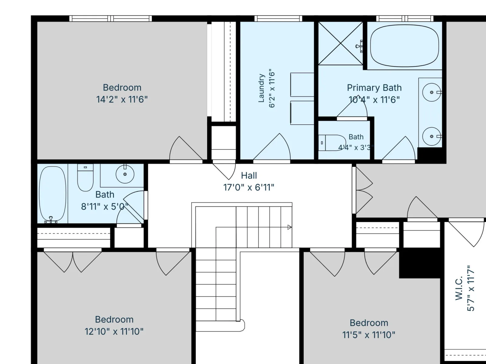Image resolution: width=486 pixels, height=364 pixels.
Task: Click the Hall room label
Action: click(249, 176)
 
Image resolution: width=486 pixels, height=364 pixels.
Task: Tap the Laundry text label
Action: click(262, 88)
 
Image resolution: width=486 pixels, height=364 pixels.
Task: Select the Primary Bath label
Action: click(374, 88)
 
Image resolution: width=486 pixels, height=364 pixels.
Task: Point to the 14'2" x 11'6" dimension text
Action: click(122, 99)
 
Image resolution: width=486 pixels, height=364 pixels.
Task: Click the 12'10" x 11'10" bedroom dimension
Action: click(114, 332)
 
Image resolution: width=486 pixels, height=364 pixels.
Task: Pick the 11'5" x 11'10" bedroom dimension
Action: click(369, 335)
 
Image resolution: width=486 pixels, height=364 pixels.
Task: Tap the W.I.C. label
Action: click(459, 288)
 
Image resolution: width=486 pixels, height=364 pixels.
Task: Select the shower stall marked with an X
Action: click(341, 43)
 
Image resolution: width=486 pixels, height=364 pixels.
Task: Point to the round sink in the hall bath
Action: click(125, 174)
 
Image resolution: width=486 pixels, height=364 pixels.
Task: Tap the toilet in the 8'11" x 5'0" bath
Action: click(85, 177)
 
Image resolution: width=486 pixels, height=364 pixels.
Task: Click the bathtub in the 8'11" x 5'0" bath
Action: click(53, 194)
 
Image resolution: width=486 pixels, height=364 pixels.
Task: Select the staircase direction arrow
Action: click(289, 227)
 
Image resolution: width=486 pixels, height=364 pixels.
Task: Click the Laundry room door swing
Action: click(272, 147)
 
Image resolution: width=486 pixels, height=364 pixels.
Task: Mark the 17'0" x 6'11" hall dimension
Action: click(249, 188)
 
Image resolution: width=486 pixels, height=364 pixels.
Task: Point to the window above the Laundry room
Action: click(278, 19)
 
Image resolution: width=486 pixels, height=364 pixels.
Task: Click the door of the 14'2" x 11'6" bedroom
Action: click(186, 149)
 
